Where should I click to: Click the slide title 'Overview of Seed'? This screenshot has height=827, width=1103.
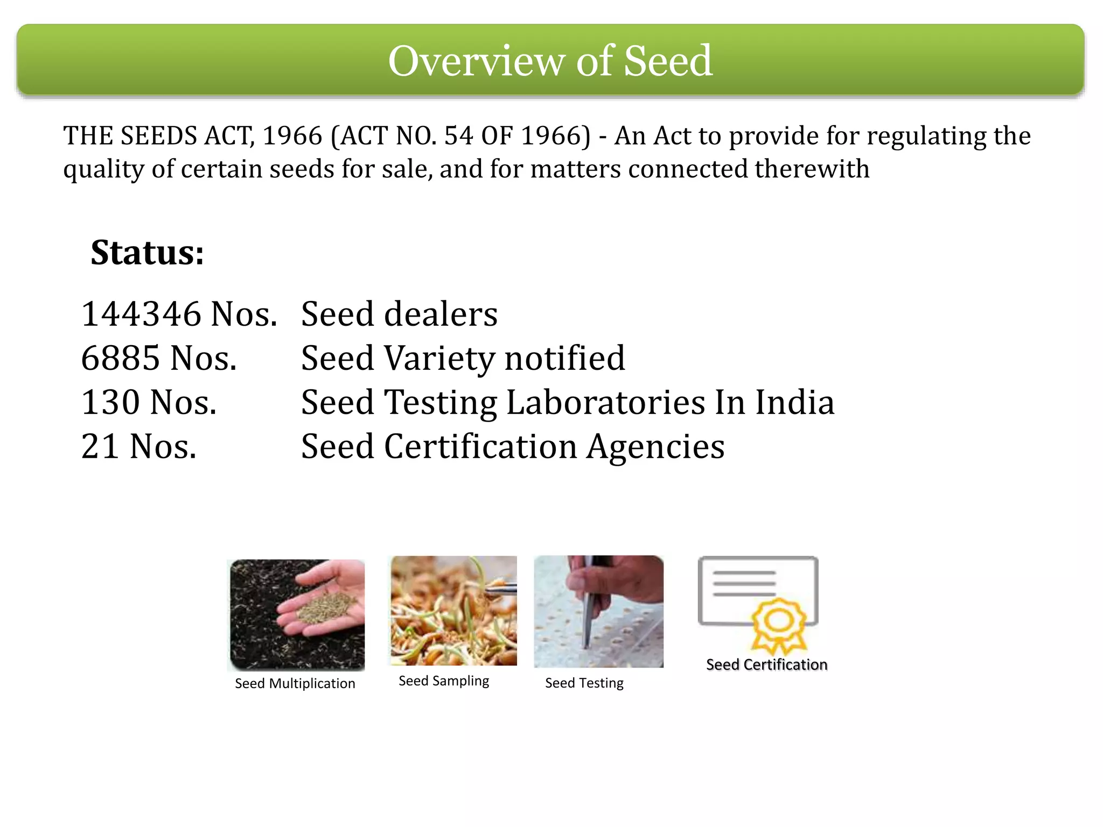tap(550, 60)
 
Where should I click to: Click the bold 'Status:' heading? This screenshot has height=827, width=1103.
tap(147, 253)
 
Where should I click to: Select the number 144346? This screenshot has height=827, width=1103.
tap(141, 314)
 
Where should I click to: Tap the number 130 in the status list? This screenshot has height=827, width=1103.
tap(110, 402)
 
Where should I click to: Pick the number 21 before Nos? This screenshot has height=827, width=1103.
tap(100, 446)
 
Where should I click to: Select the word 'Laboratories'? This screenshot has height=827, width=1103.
tap(605, 402)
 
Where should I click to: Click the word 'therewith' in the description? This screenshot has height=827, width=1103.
tap(812, 169)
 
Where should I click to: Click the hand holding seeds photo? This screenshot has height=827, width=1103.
tap(297, 615)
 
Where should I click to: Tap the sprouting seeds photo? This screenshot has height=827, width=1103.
tap(453, 611)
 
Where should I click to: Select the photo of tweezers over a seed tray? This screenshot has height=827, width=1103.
tap(598, 612)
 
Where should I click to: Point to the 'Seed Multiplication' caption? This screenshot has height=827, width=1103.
tap(295, 683)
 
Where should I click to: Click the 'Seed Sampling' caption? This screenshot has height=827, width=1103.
tap(444, 681)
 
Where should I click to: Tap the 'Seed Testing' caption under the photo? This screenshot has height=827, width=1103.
tap(584, 683)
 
